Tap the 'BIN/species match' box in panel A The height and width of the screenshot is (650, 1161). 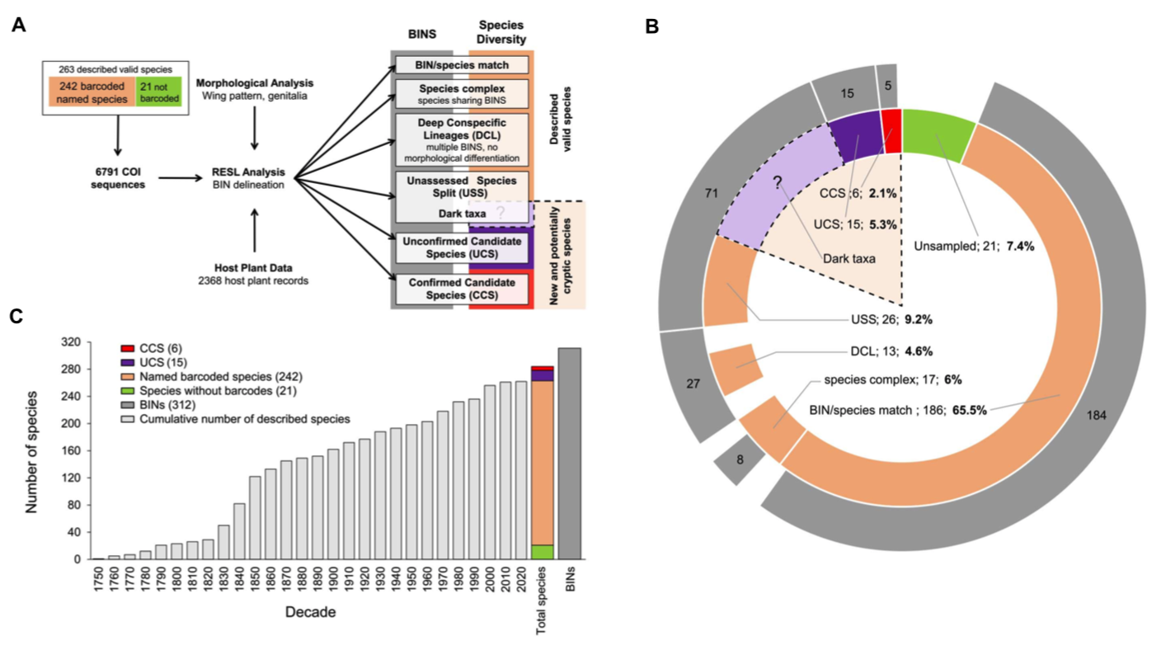(x=462, y=64)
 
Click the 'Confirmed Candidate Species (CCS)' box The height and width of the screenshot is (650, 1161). (x=462, y=288)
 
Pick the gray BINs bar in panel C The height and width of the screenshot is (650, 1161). (x=570, y=454)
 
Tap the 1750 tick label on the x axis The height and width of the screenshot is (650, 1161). (x=99, y=579)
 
